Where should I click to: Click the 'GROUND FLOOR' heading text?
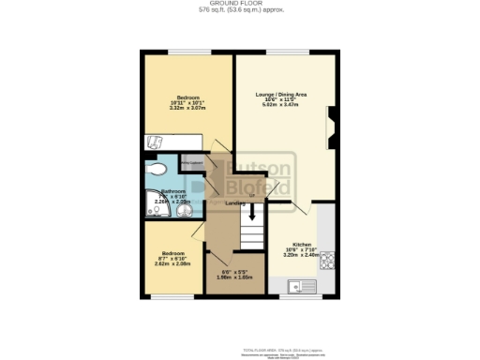click(x=241, y=3)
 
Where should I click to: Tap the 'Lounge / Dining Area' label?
click(x=282, y=95)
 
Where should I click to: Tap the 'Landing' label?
click(x=235, y=202)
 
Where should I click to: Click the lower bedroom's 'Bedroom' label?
click(x=172, y=253)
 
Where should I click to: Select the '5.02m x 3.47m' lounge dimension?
click(x=282, y=106)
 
